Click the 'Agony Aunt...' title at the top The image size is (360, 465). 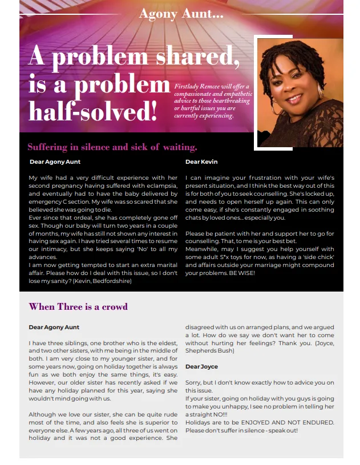181,13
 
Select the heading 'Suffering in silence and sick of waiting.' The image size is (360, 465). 112,147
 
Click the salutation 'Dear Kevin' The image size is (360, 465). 201,162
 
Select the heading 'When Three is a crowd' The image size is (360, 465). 78,307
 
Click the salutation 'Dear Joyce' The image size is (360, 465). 202,366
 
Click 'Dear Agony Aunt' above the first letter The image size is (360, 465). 55,162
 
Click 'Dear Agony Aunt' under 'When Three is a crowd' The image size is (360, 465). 54,327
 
